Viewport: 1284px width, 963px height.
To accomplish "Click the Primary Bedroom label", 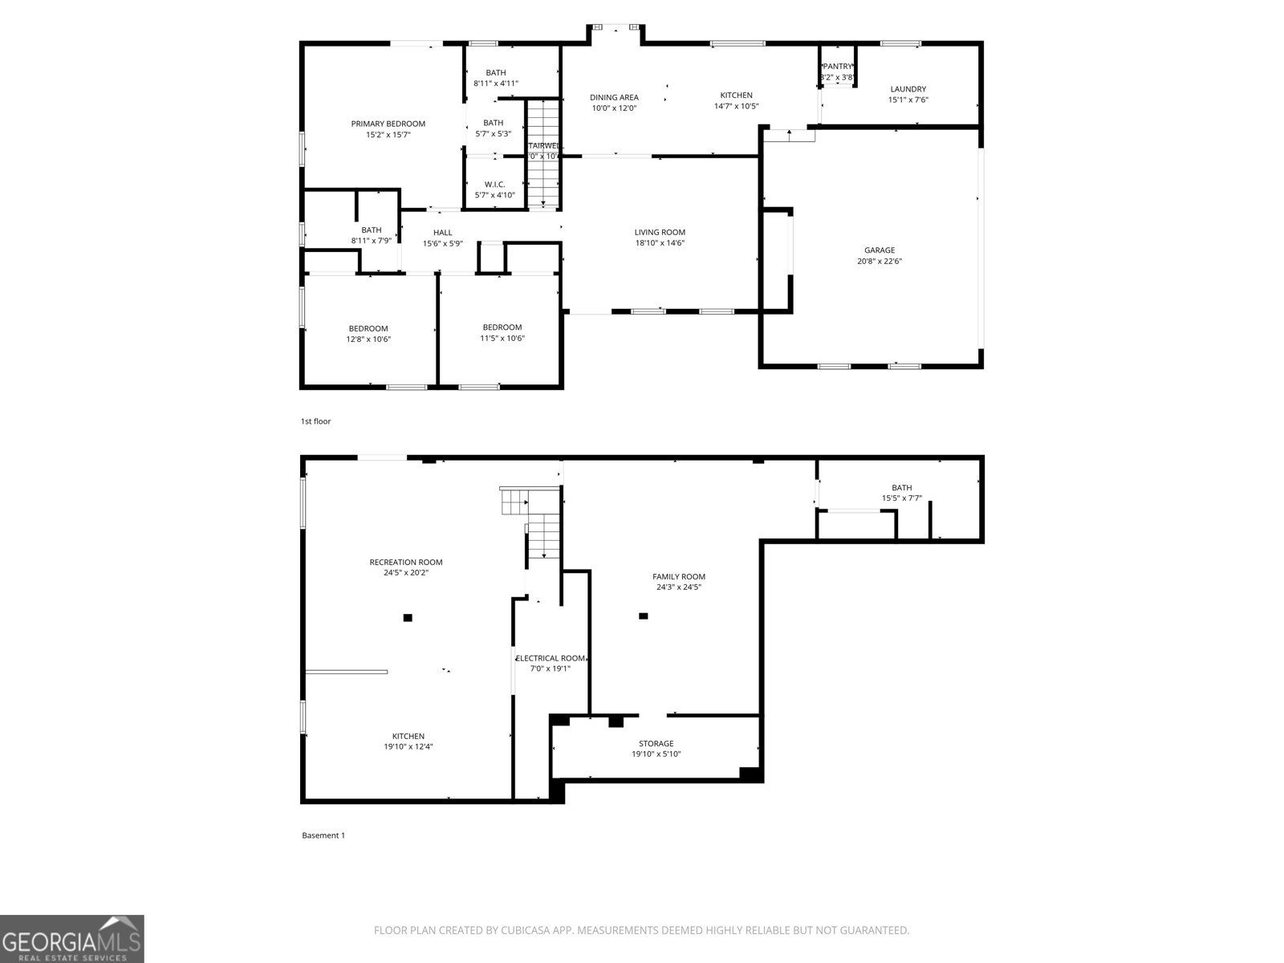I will click(388, 124).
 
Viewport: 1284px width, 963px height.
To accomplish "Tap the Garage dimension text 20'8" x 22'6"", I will click(880, 261).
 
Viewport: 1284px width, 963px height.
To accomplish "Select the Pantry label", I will click(837, 67).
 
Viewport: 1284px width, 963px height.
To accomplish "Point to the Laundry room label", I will click(908, 89).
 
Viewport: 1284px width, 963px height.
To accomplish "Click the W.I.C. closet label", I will click(494, 185).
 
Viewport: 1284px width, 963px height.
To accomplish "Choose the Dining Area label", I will click(614, 98).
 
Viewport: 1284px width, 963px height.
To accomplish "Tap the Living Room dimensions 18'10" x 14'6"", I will click(660, 243).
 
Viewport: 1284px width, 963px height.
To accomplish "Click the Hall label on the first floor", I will click(442, 233).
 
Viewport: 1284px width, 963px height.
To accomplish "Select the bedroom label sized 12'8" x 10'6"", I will click(368, 328).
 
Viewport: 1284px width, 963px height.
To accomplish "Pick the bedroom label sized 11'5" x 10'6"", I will click(502, 327).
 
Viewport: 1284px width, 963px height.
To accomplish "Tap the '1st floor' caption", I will click(315, 421).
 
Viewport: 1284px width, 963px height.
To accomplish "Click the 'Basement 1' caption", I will click(323, 835).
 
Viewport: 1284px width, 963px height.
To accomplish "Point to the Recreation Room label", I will click(405, 563).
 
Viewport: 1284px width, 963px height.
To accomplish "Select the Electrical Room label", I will click(551, 658).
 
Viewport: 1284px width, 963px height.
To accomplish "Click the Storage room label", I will click(656, 744).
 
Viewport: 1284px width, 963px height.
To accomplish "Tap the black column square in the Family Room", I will click(643, 616).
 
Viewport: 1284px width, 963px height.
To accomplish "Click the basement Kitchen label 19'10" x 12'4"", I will click(408, 737).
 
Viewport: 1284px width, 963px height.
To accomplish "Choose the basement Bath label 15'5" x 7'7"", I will click(901, 488).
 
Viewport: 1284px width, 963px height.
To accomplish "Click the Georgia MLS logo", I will click(71, 938).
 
